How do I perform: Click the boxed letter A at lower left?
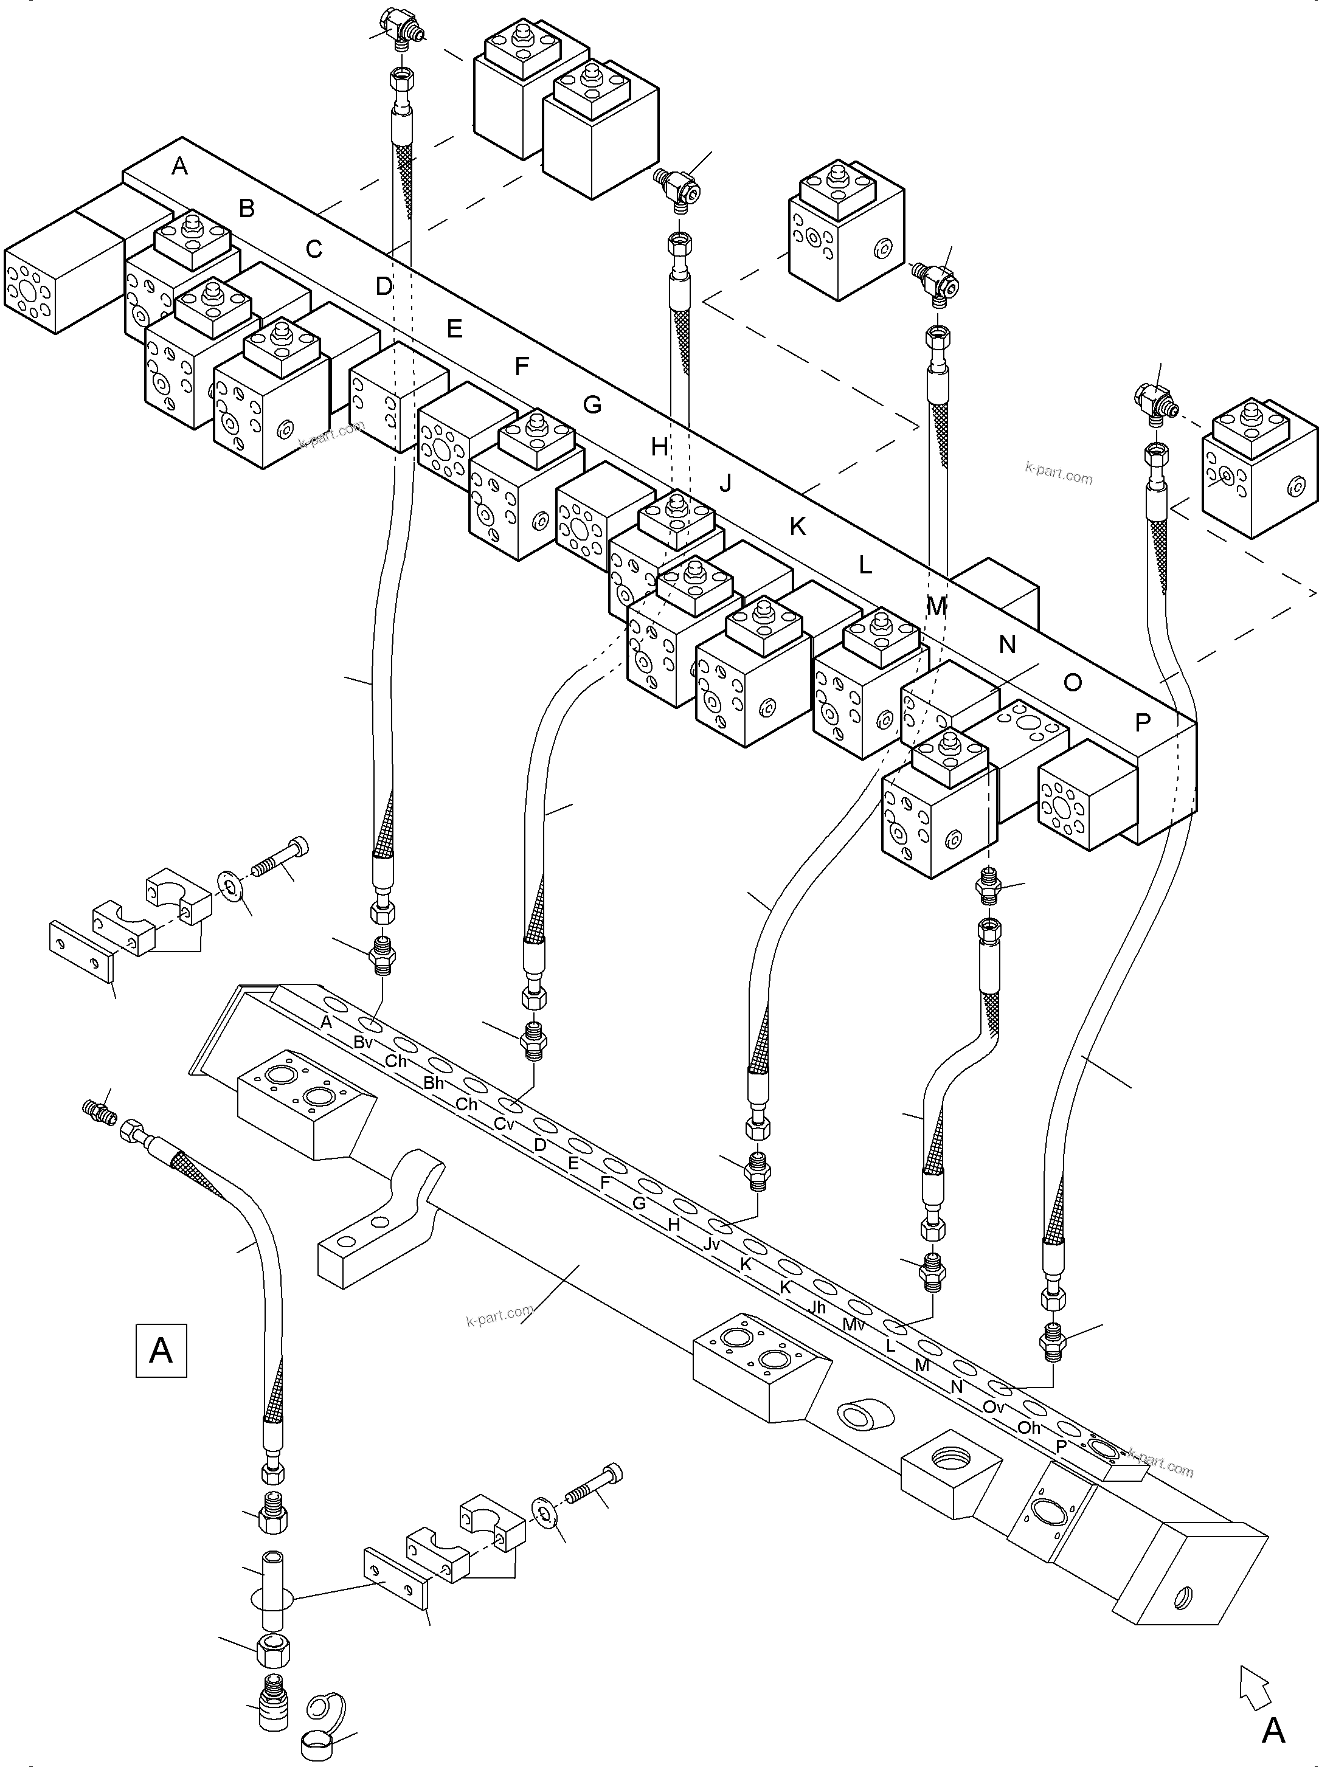click(161, 1350)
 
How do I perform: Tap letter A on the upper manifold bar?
click(179, 166)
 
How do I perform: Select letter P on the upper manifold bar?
click(1143, 722)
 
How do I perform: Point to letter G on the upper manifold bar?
click(592, 405)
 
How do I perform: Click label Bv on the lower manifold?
click(363, 1042)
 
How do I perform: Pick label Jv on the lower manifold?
click(711, 1245)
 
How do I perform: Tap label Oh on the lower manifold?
click(1029, 1427)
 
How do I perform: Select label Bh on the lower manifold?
click(434, 1083)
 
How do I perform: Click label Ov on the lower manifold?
click(993, 1407)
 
